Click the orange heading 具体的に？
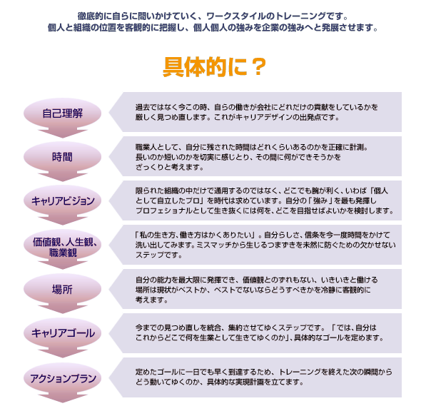(214, 67)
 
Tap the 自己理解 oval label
(63, 113)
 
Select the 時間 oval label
(63, 157)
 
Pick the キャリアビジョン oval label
(63, 201)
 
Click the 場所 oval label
(63, 289)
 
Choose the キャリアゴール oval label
(63, 333)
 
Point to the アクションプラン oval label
(63, 378)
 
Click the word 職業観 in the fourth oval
(63, 253)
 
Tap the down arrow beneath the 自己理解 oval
(63, 133)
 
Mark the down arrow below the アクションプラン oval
(63, 397)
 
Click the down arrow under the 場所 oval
(63, 309)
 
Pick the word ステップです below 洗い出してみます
(158, 255)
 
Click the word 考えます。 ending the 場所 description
(151, 300)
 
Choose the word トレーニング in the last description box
(300, 372)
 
